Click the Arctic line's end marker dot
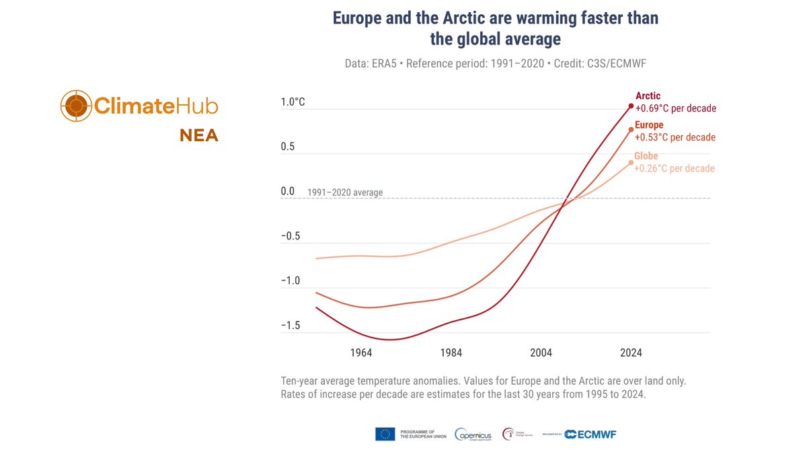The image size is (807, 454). [631, 106]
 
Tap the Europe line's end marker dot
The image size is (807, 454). [631, 129]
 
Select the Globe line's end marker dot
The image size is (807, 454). [631, 162]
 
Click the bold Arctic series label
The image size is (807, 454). [648, 96]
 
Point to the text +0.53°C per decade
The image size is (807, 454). [675, 137]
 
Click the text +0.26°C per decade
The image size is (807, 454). [675, 169]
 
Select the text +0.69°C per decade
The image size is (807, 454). [676, 108]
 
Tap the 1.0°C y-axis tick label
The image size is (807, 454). [293, 102]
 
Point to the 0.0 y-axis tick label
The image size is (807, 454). [288, 192]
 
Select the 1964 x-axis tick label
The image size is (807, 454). [361, 352]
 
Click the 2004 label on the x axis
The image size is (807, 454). [541, 352]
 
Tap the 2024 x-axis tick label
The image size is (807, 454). [631, 352]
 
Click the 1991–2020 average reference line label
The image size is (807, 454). [345, 192]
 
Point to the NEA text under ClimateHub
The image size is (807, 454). [198, 136]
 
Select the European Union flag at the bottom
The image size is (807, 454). [385, 434]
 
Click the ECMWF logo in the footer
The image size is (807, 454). [590, 434]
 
